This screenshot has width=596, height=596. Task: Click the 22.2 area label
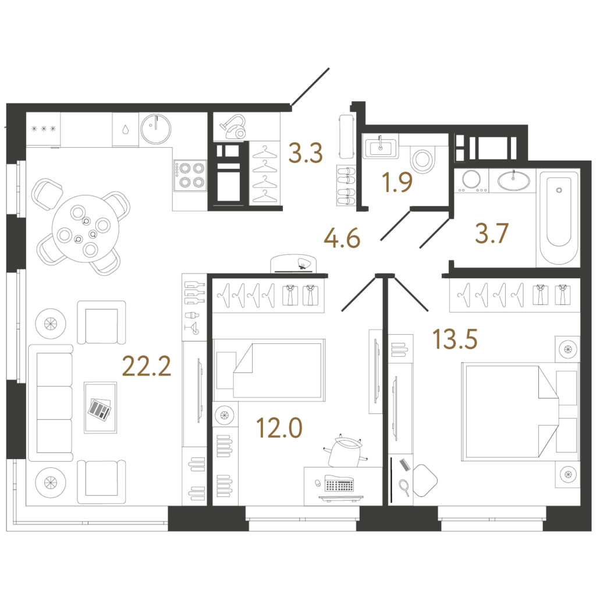tap(147, 367)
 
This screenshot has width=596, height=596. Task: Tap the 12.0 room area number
tap(279, 428)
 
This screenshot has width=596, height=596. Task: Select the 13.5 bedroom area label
tap(455, 339)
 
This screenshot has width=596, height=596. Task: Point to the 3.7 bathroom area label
tap(491, 233)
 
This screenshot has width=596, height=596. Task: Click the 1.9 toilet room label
tap(398, 182)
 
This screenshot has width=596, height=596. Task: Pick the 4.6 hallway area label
tap(342, 239)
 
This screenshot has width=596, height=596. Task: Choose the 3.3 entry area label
tap(306, 153)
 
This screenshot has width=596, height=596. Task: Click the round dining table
tap(86, 229)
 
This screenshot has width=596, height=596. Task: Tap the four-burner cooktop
tap(190, 175)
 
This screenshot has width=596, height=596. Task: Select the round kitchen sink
tap(155, 129)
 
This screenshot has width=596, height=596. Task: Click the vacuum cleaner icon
tap(233, 126)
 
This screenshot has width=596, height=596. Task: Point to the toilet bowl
tap(423, 158)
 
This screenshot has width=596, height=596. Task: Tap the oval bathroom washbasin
tap(513, 181)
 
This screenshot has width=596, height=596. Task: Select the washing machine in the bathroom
tap(471, 180)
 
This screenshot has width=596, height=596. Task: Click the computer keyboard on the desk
tap(339, 484)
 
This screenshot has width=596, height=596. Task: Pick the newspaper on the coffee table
tap(100, 409)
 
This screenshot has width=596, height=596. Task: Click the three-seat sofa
tap(51, 403)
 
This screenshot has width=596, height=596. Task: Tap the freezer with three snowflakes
tap(43, 129)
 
